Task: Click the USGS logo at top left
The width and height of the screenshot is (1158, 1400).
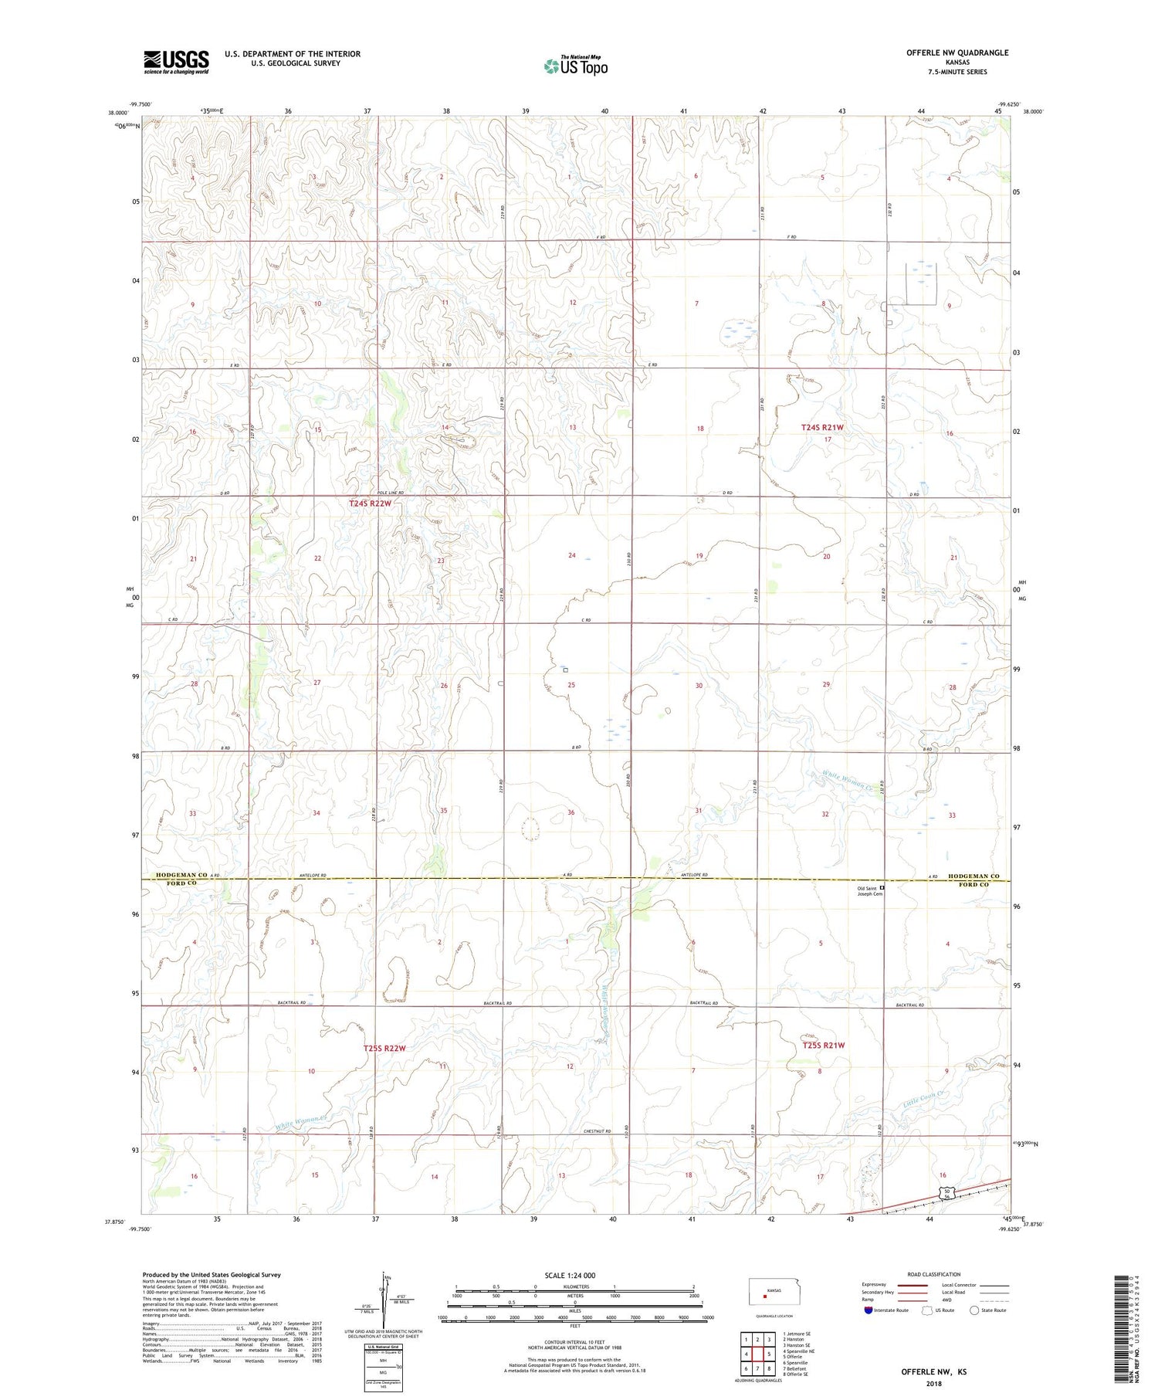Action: pyautogui.click(x=176, y=62)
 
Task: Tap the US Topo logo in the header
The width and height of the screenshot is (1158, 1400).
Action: pyautogui.click(x=575, y=66)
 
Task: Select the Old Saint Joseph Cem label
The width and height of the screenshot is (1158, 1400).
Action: pyautogui.click(x=867, y=891)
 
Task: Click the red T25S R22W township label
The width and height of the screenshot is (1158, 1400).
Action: pyautogui.click(x=384, y=1048)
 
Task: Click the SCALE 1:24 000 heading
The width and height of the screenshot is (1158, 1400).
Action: pyautogui.click(x=570, y=1275)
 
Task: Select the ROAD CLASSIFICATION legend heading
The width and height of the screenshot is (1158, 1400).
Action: pyautogui.click(x=934, y=1274)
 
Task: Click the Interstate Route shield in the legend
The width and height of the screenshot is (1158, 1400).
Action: pyautogui.click(x=868, y=1310)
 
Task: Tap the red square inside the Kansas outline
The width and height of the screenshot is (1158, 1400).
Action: pyautogui.click(x=765, y=1297)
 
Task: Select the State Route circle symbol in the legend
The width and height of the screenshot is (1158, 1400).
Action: pyautogui.click(x=974, y=1310)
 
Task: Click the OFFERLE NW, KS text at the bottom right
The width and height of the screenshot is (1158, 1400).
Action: pyautogui.click(x=933, y=1372)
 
